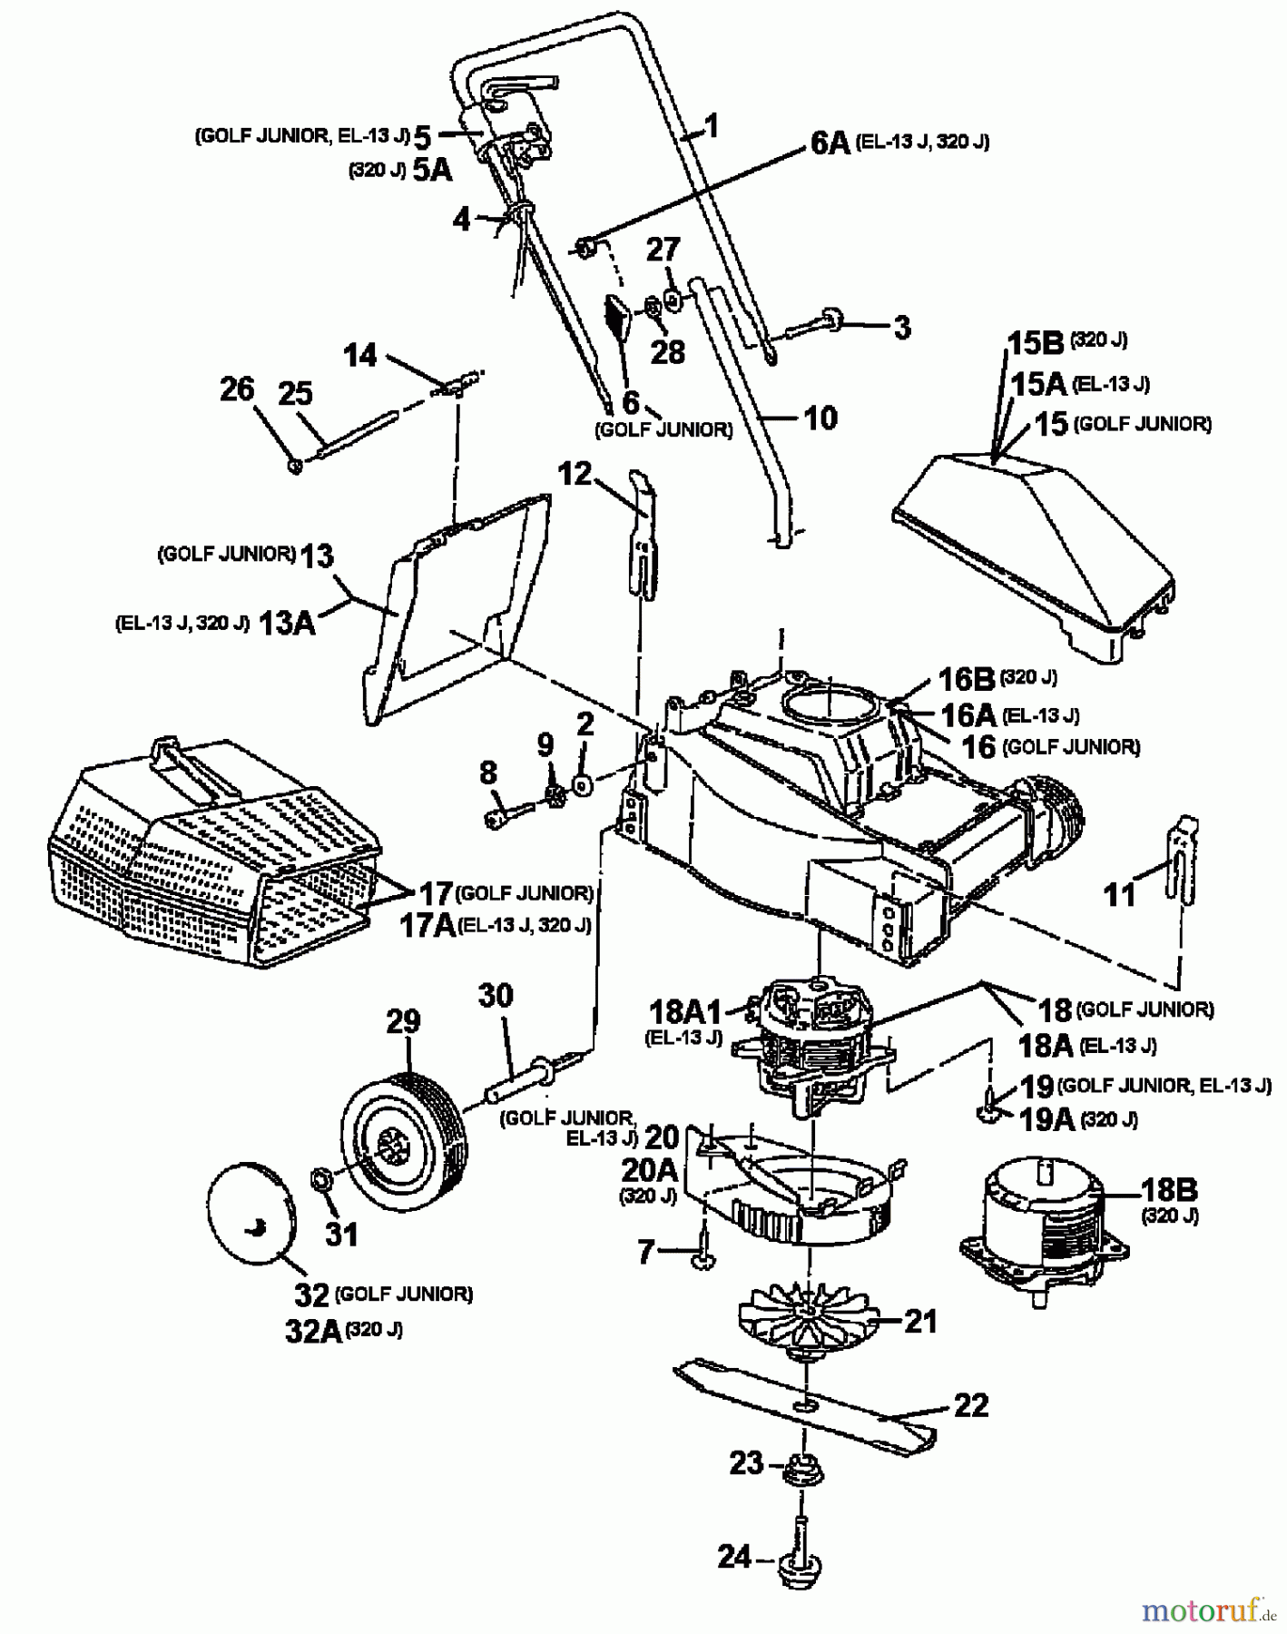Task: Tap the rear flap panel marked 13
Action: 454,599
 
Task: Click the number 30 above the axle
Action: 496,996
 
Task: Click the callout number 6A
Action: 829,143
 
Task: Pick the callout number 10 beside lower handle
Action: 820,418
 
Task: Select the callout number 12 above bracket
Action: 575,473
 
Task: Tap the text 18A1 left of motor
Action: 686,1010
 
